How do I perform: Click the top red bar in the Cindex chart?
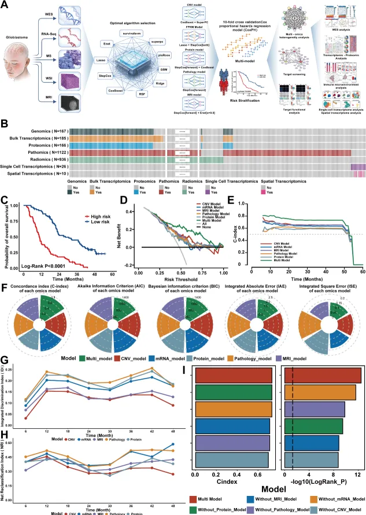click(234, 375)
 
